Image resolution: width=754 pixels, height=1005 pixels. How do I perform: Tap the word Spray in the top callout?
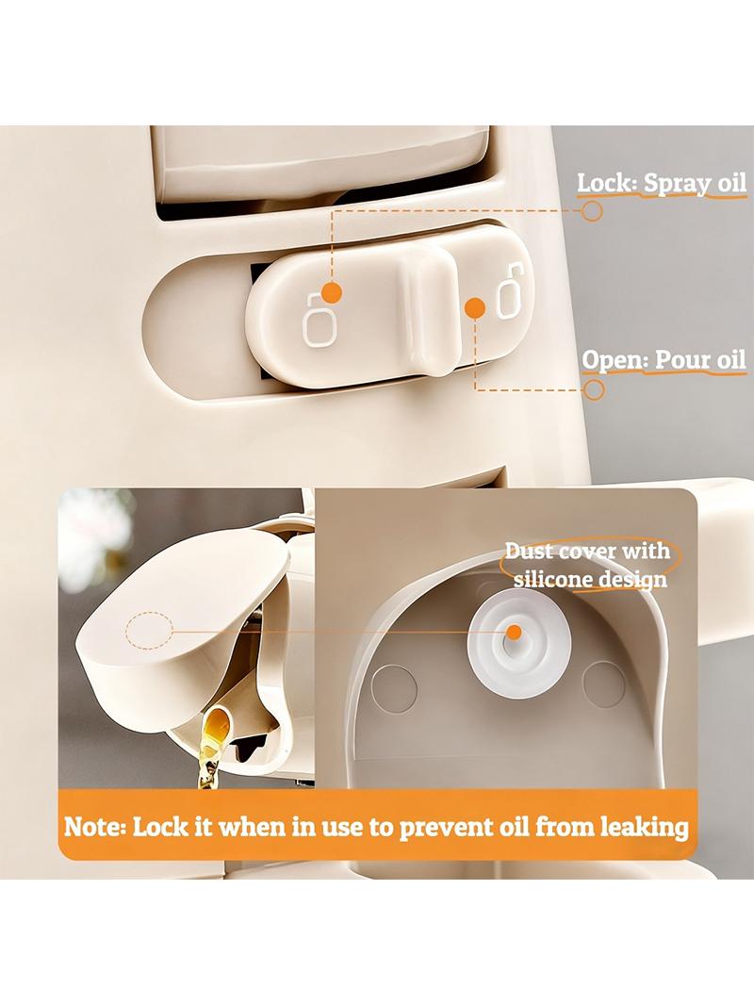(x=669, y=184)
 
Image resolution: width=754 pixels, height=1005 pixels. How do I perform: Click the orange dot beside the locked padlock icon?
(x=331, y=292)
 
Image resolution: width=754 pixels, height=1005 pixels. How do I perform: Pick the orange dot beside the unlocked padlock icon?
(x=475, y=307)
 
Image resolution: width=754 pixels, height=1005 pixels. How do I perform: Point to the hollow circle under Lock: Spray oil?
(x=593, y=211)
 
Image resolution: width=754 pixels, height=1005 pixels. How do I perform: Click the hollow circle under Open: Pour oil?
(x=595, y=389)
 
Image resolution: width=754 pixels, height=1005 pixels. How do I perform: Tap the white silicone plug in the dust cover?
(x=512, y=643)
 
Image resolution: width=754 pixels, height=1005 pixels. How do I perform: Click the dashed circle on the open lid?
(x=149, y=631)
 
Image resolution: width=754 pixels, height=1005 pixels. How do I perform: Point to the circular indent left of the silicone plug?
(x=395, y=687)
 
